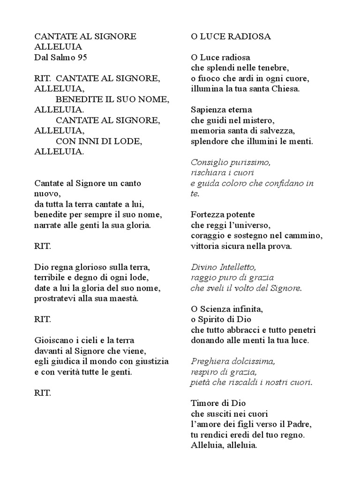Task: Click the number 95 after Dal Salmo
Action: pyautogui.click(x=81, y=57)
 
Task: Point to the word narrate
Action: pyautogui.click(x=49, y=225)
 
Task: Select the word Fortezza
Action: pyautogui.click(x=208, y=215)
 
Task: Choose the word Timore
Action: pyautogui.click(x=205, y=403)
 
